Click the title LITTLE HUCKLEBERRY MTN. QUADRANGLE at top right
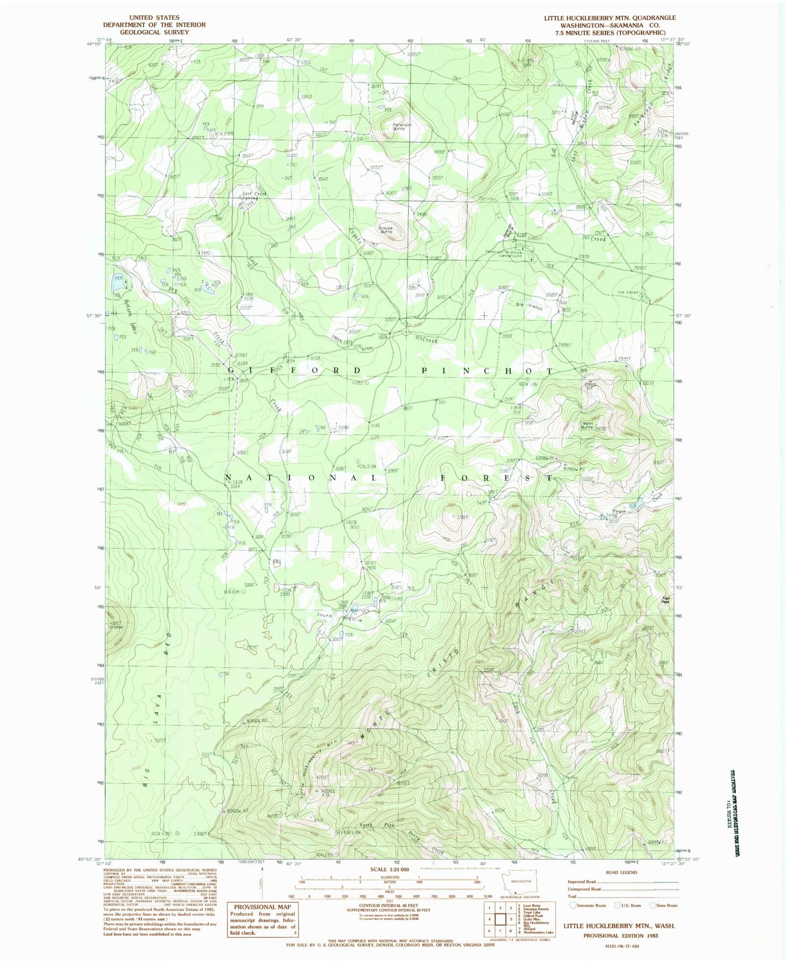click(x=610, y=18)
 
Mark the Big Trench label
click(x=529, y=306)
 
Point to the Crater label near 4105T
click(x=116, y=627)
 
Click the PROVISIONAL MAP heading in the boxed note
click(x=262, y=907)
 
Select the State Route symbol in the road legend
click(x=653, y=906)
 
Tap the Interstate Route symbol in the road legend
click(x=573, y=906)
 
